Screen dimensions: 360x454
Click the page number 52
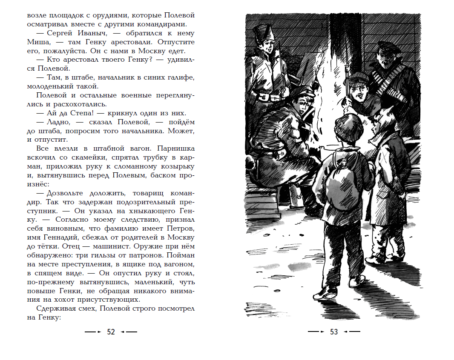[x=111, y=332]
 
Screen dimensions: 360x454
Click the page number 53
[x=334, y=332]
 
